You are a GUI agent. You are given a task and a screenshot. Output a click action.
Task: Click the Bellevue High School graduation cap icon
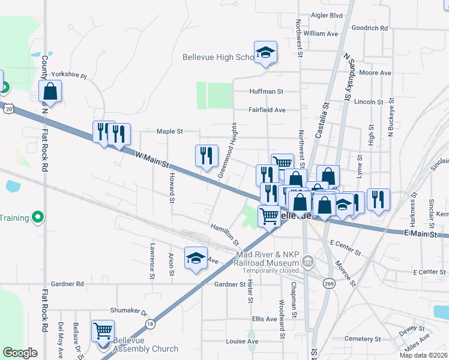265,53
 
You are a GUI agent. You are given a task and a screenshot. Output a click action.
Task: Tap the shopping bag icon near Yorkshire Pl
50,92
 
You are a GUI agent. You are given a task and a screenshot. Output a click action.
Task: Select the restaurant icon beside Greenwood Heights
206,156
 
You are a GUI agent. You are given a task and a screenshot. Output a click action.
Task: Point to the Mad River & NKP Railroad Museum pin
308,261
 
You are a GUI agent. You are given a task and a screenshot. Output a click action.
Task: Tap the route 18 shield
149,323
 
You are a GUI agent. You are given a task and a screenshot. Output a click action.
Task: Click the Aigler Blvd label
327,15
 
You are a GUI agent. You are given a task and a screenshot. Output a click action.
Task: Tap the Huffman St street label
266,92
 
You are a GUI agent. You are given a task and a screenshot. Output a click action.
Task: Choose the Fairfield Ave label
267,110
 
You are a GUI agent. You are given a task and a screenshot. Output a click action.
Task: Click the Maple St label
169,131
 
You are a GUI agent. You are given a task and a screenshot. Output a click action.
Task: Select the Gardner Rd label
67,284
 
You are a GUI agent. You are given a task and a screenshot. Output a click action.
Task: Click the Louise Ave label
242,341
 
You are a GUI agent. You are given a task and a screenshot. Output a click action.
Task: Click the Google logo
20,352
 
